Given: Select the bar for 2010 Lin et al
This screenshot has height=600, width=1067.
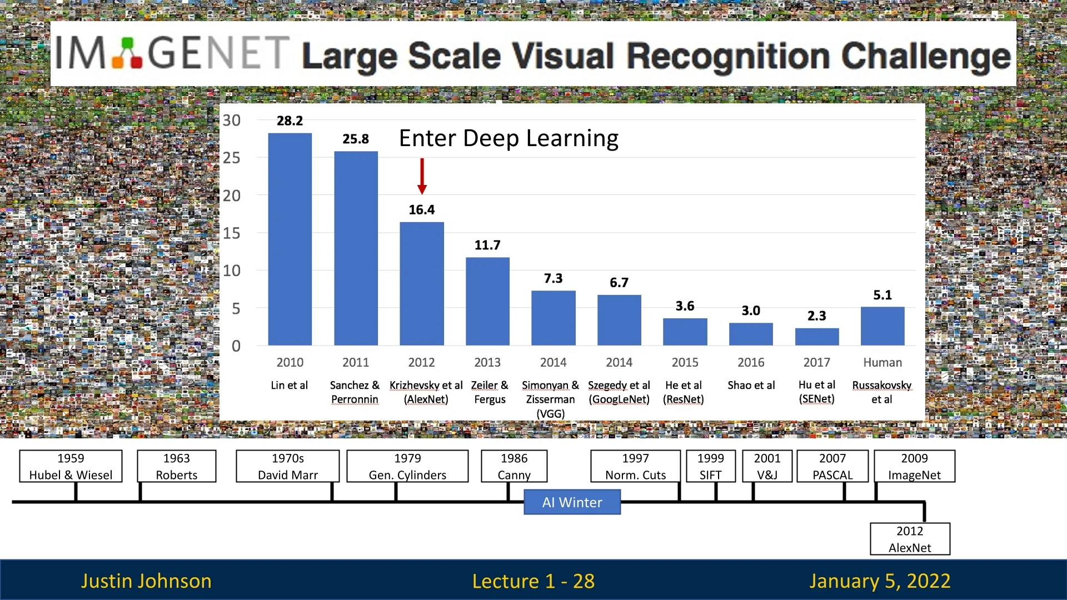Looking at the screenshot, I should point(290,239).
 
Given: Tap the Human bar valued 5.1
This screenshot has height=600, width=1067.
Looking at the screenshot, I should point(882,326).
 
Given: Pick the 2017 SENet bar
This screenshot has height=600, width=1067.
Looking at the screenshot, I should point(816,337).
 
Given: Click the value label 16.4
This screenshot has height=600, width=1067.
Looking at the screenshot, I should point(422,210).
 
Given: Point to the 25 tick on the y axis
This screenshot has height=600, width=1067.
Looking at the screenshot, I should point(232,158).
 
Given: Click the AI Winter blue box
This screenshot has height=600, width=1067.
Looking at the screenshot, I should point(572,502).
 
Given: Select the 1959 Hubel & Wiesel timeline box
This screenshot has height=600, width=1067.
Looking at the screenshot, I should point(71,466).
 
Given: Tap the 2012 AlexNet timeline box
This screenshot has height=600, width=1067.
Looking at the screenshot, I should point(910,539).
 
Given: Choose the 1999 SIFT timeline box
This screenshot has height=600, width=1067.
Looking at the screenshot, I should point(710,466).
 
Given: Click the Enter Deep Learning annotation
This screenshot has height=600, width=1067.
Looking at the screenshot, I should point(508,138).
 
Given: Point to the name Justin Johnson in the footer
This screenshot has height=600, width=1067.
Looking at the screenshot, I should point(146,581).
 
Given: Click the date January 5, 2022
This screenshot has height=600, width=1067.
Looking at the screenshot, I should point(879,581).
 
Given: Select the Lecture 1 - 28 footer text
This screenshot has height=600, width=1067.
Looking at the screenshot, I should point(533,581).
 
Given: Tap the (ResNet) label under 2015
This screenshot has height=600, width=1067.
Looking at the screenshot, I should point(683,399).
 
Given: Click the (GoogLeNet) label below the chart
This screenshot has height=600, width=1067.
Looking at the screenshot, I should point(619,399).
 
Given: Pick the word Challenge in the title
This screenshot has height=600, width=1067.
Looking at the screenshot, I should point(925,57).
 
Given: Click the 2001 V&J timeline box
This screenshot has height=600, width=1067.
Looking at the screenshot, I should point(767,466).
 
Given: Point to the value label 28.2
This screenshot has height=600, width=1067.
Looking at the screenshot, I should point(290,121).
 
